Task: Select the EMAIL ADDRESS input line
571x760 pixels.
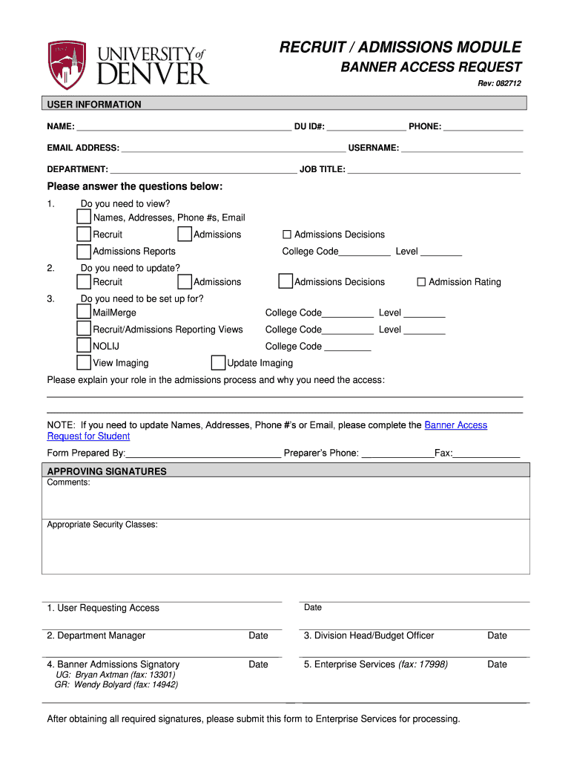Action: click(x=233, y=148)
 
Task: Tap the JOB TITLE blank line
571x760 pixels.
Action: click(x=434, y=169)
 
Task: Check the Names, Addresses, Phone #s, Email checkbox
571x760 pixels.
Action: click(x=85, y=217)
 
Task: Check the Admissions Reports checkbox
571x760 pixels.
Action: click(x=85, y=251)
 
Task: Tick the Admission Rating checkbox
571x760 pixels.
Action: click(x=421, y=282)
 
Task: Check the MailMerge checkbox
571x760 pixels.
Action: click(x=85, y=312)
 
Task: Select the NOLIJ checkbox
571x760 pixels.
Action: click(x=85, y=345)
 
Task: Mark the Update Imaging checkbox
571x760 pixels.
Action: click(x=218, y=362)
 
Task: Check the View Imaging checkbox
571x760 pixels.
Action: click(x=85, y=362)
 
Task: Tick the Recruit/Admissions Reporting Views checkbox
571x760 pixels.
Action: click(x=85, y=329)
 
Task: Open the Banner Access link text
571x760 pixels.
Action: click(x=455, y=425)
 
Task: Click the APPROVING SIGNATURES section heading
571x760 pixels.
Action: click(x=107, y=471)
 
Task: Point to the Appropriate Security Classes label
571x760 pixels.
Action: click(x=102, y=525)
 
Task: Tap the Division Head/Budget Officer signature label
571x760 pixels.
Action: click(x=369, y=635)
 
